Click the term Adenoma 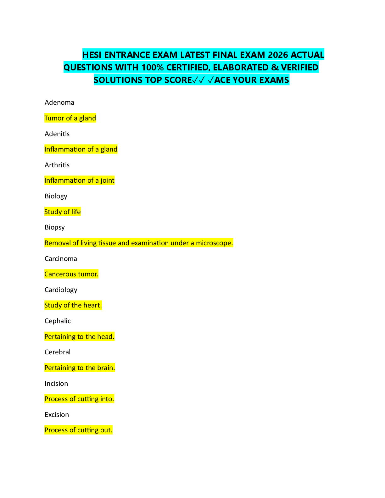(x=59, y=102)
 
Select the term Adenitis (x=57, y=134)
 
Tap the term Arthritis (x=57, y=165)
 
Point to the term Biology (x=56, y=196)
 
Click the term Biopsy (x=55, y=227)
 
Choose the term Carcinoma (x=61, y=259)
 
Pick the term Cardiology (x=61, y=290)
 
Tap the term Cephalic (x=58, y=321)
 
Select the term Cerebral (x=58, y=352)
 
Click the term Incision (x=56, y=384)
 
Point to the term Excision (x=57, y=415)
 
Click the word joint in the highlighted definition (x=107, y=180)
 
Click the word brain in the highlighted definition (x=106, y=368)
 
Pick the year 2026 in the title (x=278, y=55)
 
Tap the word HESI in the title (x=92, y=55)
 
